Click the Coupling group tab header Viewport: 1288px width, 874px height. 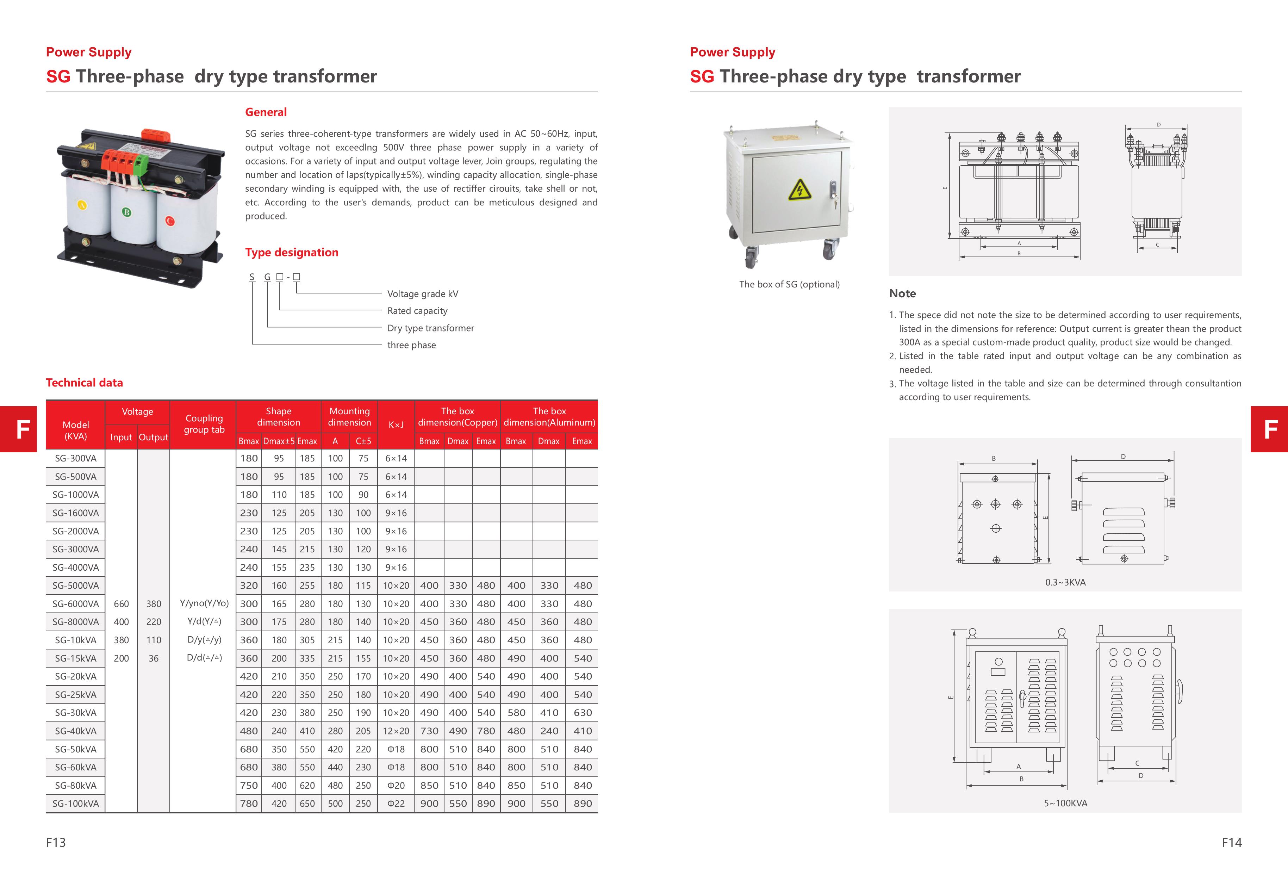204,424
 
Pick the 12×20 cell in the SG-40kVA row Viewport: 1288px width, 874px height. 396,731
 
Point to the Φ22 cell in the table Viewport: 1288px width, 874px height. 396,804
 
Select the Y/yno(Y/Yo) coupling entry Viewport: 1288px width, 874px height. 204,603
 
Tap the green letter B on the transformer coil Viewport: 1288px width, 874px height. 127,212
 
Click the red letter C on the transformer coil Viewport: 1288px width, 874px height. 170,221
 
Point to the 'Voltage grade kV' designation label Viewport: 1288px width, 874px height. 422,294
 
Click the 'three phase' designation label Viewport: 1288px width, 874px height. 411,345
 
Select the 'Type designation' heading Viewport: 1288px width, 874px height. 292,253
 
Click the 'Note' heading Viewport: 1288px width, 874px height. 902,294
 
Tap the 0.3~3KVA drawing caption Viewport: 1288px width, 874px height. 1065,582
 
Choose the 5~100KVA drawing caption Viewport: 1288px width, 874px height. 1065,803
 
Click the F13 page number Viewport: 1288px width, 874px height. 56,842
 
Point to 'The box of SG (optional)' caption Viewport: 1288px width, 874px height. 789,284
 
